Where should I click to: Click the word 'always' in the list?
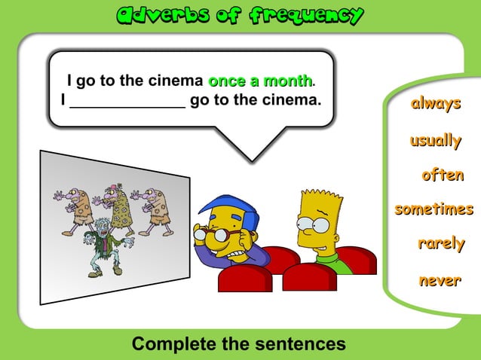(x=435, y=104)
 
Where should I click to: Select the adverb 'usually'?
(x=435, y=140)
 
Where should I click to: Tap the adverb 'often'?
(x=443, y=175)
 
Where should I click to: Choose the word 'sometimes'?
(x=434, y=209)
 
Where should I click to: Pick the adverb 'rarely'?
(x=441, y=244)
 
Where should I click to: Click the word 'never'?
(x=440, y=281)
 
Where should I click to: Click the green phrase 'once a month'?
(x=260, y=81)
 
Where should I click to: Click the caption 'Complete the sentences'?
(x=239, y=344)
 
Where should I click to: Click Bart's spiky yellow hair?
(x=320, y=201)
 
